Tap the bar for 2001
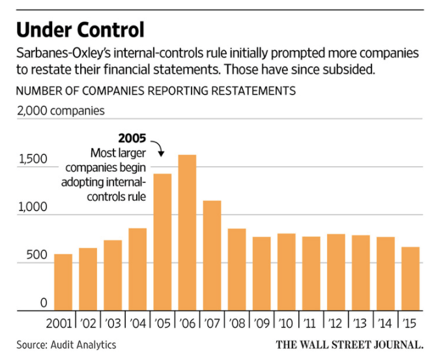point(63,282)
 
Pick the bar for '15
point(410,279)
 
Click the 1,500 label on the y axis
point(31,159)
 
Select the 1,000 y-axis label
point(31,207)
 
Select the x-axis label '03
point(113,323)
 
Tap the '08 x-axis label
point(236,323)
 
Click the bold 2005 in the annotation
point(132,138)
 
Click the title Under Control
point(80,30)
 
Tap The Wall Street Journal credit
point(350,344)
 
